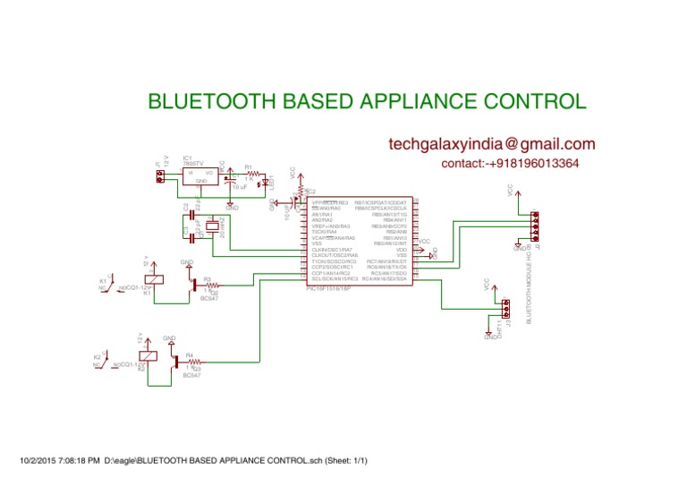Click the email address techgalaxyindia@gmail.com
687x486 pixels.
[492, 144]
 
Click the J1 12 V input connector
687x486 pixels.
[159, 177]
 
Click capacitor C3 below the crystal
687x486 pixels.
[189, 239]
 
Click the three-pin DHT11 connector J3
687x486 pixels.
[505, 309]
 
